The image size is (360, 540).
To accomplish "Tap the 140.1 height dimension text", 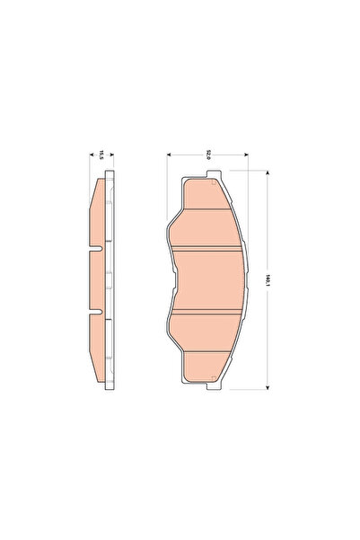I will click(268, 279).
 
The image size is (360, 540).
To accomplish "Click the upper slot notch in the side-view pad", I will click(97, 245).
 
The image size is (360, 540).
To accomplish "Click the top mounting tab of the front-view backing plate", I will click(208, 173).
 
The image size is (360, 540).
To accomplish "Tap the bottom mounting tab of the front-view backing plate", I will click(208, 387).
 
